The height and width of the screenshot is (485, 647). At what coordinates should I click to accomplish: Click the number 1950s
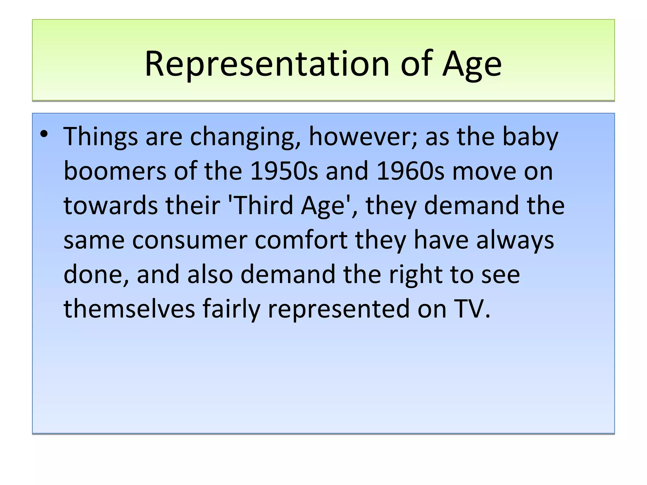click(x=284, y=171)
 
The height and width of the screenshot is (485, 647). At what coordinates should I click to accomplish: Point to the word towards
click(x=111, y=205)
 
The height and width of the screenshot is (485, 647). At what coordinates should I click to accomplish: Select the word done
click(x=96, y=274)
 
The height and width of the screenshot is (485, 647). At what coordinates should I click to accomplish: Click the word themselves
click(x=129, y=308)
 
